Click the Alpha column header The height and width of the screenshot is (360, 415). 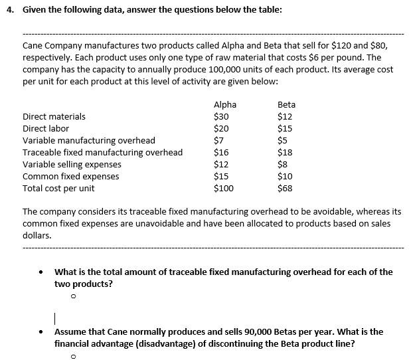click(224, 104)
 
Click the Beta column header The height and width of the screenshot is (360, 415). click(286, 104)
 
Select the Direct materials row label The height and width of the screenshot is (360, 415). click(54, 116)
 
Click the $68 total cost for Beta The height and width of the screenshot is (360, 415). click(285, 188)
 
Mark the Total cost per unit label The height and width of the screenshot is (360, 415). click(58, 188)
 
